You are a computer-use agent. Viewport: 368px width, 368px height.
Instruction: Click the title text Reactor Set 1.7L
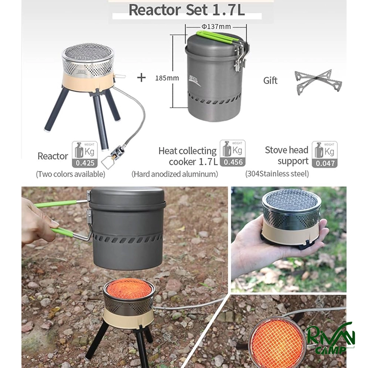pyautogui.click(x=187, y=10)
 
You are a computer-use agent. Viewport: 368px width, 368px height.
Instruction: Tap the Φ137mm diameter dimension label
pyautogui.click(x=216, y=26)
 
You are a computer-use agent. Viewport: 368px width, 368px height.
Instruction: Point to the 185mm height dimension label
pyautogui.click(x=167, y=78)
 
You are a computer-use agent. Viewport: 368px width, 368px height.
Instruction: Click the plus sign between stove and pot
pyautogui.click(x=141, y=78)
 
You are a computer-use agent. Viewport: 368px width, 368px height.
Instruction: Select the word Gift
pyautogui.click(x=270, y=80)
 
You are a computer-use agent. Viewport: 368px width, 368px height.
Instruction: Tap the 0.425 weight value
pyautogui.click(x=85, y=163)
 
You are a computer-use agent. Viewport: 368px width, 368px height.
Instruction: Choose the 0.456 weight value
pyautogui.click(x=233, y=162)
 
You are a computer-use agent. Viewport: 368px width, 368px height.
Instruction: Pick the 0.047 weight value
pyautogui.click(x=325, y=163)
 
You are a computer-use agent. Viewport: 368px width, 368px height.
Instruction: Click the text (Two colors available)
pyautogui.click(x=70, y=174)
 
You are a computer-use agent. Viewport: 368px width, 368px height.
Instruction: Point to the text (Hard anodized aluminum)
pyautogui.click(x=175, y=174)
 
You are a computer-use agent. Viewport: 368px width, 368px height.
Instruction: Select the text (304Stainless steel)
pyautogui.click(x=277, y=174)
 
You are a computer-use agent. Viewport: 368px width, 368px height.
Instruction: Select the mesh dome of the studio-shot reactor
pyautogui.click(x=88, y=54)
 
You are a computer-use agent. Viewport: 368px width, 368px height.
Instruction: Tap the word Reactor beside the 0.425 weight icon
pyautogui.click(x=53, y=156)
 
